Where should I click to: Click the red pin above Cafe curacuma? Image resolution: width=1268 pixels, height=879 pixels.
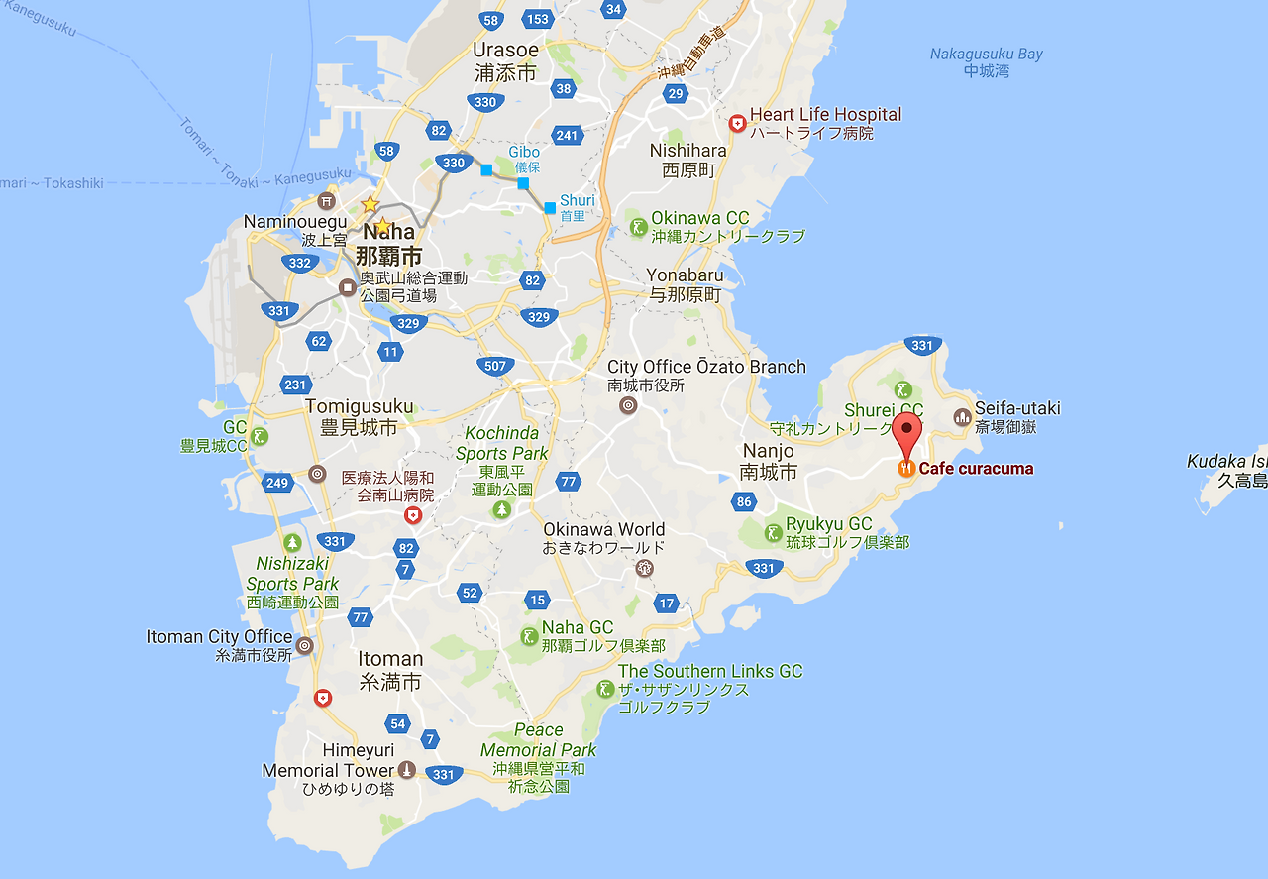tap(906, 433)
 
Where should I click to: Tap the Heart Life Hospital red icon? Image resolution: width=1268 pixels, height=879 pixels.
tap(737, 123)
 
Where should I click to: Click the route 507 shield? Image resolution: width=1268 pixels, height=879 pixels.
tap(495, 366)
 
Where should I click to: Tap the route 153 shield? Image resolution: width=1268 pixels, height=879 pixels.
tap(538, 19)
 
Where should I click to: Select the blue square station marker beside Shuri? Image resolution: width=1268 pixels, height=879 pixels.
tap(550, 207)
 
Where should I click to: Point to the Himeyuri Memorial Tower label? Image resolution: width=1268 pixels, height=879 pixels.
tap(328, 770)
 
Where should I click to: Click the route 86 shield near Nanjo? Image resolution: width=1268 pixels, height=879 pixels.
tap(745, 501)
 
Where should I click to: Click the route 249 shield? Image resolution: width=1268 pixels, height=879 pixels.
tap(277, 483)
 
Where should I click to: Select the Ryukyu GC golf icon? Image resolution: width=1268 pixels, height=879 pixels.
tap(772, 533)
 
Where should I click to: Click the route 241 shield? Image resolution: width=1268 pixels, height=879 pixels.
tap(567, 136)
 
